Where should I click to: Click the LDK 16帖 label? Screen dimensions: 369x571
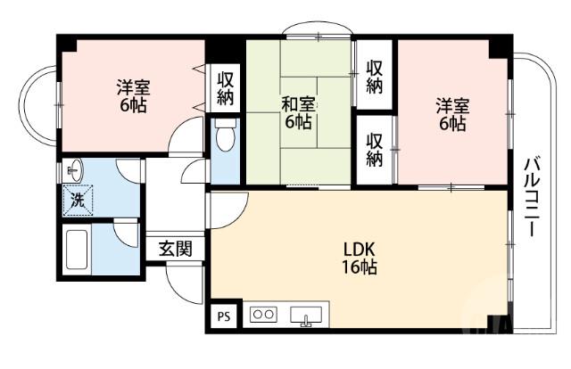(360, 258)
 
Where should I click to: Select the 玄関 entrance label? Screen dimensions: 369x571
(175, 249)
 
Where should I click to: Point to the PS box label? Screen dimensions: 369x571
(223, 316)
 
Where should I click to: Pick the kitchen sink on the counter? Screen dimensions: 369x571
(306, 316)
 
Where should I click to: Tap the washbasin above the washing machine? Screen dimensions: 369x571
(75, 168)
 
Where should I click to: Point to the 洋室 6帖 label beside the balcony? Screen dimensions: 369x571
(451, 114)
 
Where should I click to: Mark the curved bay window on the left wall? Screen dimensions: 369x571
(39, 105)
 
